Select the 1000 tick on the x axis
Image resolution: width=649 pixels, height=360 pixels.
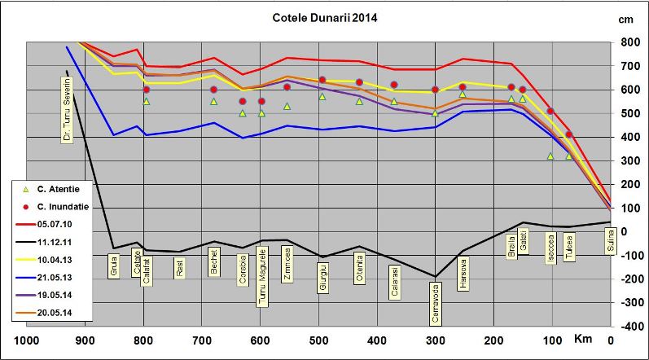(x=28, y=340)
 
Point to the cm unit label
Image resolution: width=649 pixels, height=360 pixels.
(x=626, y=19)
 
